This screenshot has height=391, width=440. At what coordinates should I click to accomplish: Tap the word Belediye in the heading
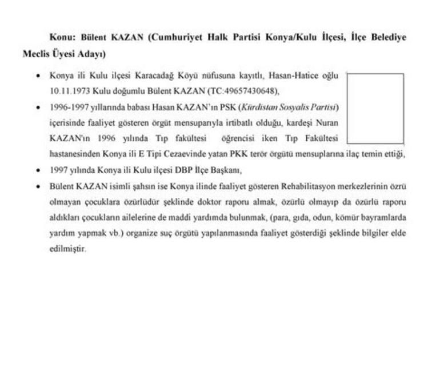[387, 37]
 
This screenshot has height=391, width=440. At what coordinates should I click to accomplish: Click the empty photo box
[375, 108]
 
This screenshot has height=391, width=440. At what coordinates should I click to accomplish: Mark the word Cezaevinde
[201, 154]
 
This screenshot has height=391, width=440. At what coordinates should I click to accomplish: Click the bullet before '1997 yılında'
[38, 170]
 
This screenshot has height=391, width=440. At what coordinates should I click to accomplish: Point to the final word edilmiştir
[67, 249]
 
